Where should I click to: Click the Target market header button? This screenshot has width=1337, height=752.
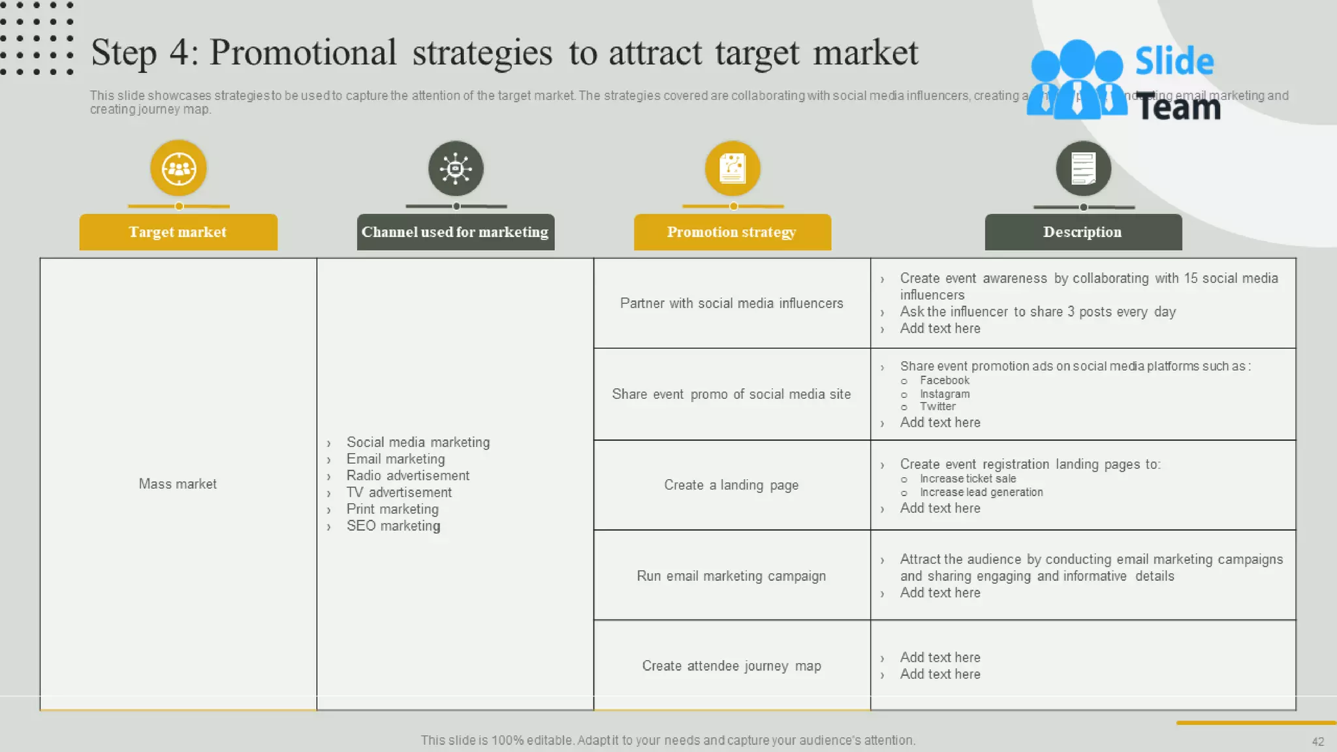[178, 232]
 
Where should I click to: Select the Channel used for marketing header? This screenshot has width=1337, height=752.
[455, 232]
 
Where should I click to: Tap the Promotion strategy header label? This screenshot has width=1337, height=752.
[732, 232]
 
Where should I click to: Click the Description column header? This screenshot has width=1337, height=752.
[1082, 232]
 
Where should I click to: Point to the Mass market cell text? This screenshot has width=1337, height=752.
[178, 484]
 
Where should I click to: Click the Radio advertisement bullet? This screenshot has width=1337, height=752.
[407, 475]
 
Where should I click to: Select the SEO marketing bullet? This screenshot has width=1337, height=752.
[393, 525]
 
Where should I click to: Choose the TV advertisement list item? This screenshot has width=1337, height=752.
[399, 492]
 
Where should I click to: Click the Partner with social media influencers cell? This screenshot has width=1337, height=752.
[731, 303]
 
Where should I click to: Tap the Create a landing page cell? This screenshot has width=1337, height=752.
[731, 485]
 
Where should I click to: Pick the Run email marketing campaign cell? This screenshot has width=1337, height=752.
[731, 576]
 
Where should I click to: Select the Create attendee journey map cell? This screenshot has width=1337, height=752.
[731, 666]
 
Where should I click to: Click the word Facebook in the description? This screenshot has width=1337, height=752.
[945, 380]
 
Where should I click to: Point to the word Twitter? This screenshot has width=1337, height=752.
[937, 406]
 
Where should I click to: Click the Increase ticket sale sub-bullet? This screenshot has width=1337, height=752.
[967, 478]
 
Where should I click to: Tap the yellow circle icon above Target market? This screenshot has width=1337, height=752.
[178, 168]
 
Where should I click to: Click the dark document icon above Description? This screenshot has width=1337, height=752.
[1083, 168]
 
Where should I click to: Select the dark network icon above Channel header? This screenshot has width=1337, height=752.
[456, 168]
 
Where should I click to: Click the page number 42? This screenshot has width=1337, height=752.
[1317, 742]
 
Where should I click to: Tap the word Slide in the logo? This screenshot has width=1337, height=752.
[1174, 61]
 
